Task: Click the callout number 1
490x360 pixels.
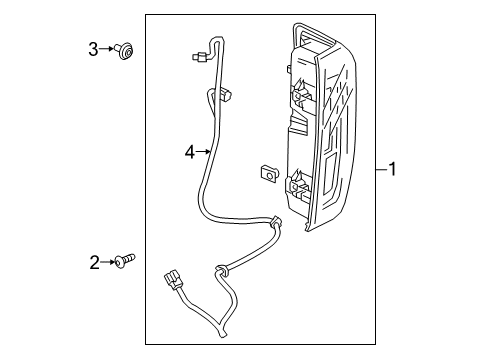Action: (393, 171)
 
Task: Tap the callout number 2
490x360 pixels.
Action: (94, 262)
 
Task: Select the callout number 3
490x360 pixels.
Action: (94, 47)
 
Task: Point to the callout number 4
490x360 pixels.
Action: (188, 152)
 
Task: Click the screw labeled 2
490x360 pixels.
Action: (126, 262)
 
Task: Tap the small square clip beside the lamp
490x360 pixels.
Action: (268, 173)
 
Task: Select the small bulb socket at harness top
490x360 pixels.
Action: (196, 58)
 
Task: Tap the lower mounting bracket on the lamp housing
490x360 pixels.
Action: (296, 185)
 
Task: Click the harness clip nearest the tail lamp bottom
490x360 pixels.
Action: (276, 222)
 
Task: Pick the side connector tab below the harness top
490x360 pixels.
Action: (228, 97)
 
